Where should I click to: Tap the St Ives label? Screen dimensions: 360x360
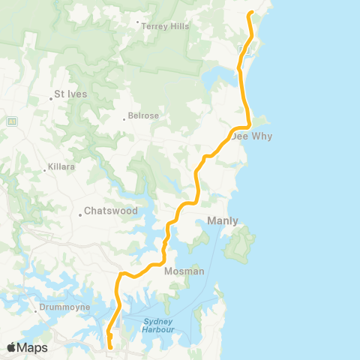point(70,94)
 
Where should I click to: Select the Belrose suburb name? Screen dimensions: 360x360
point(142,118)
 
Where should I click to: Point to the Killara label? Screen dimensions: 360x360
point(62,167)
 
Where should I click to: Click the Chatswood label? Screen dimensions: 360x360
point(110,211)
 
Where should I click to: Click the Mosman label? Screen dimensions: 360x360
point(184,271)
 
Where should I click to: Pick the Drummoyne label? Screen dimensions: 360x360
point(67,307)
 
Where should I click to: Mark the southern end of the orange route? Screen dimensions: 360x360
point(111,347)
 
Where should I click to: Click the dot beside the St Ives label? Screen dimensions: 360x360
point(50,96)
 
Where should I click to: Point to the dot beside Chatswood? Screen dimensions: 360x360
point(79,216)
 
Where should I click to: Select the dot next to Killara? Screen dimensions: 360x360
point(45,169)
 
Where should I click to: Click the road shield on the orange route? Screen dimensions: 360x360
point(241,49)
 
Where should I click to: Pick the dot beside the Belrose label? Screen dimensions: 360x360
point(124,118)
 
